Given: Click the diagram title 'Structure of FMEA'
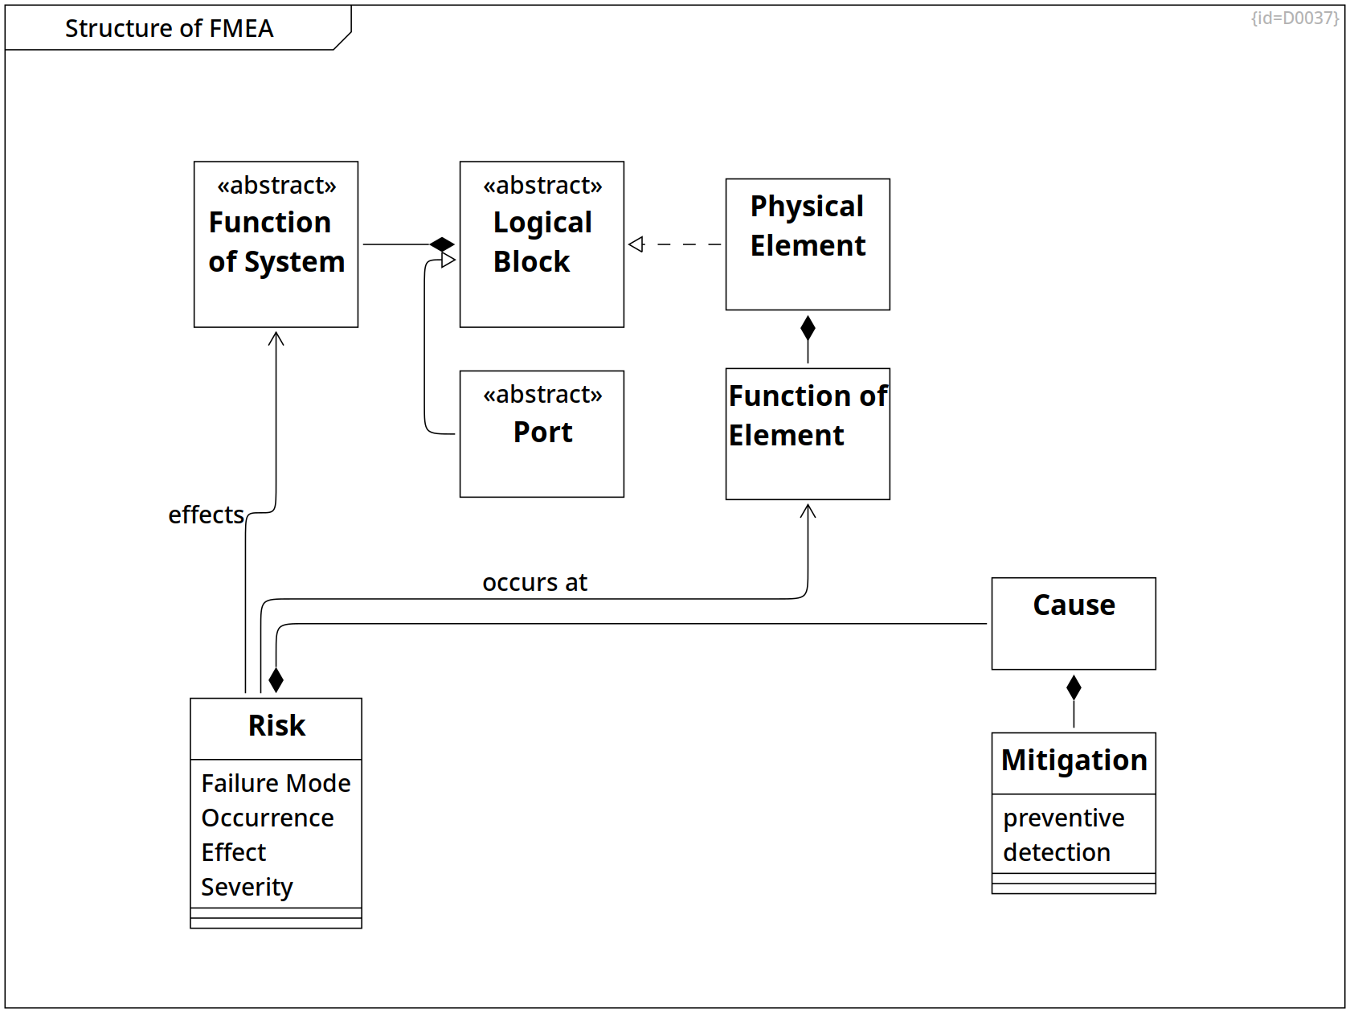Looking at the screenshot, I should click(x=169, y=28).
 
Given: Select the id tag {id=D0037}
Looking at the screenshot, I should click(x=1295, y=18).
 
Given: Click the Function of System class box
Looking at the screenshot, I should click(x=276, y=244).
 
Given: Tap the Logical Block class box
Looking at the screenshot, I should click(x=542, y=244).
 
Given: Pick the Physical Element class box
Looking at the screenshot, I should click(x=808, y=244).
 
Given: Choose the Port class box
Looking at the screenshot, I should click(x=542, y=433).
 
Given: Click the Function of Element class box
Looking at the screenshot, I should click(x=808, y=433).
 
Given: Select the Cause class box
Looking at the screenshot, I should click(x=1074, y=623).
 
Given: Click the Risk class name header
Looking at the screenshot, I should click(x=276, y=726).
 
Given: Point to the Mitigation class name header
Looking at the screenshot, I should click(x=1074, y=761).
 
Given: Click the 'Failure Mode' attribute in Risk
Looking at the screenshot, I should click(x=276, y=783).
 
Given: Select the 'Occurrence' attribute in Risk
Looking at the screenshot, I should click(x=268, y=818).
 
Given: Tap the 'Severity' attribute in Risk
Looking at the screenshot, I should click(x=247, y=887).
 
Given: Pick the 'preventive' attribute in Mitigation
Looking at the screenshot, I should click(x=1063, y=818).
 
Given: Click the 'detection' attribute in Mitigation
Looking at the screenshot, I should click(x=1057, y=852).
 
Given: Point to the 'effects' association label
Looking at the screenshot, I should click(x=206, y=515).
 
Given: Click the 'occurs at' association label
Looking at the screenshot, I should click(x=534, y=582).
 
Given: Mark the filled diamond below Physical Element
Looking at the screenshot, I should click(x=808, y=328).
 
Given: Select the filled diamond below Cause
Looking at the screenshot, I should click(x=1074, y=687).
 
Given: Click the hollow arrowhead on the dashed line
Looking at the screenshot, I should click(x=636, y=244).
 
